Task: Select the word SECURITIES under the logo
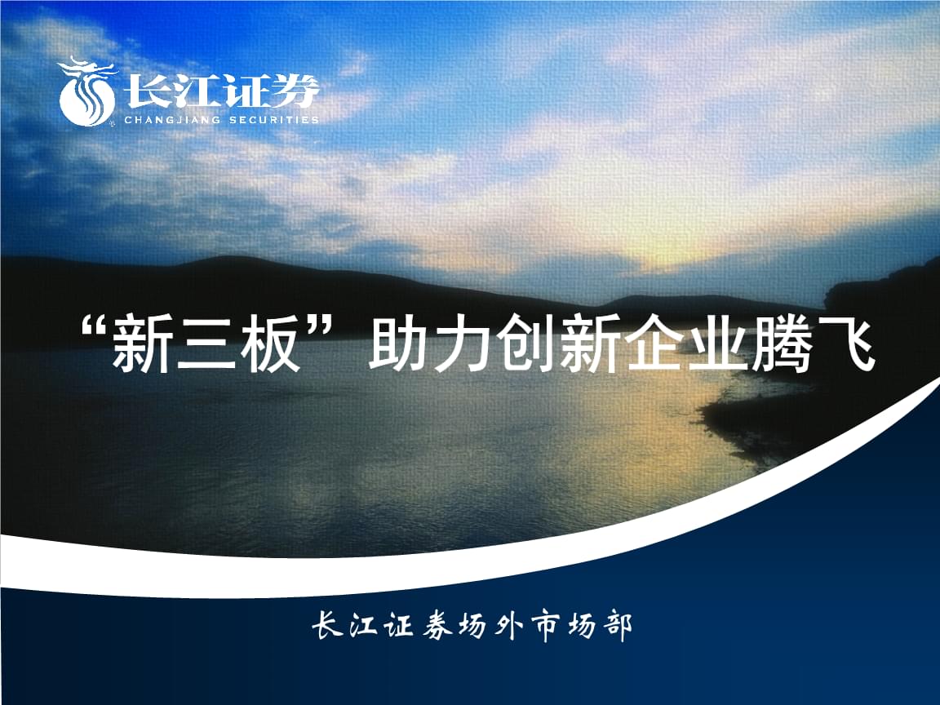[274, 120]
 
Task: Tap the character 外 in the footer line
[508, 627]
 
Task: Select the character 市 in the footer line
[544, 627]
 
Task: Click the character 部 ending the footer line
[617, 627]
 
